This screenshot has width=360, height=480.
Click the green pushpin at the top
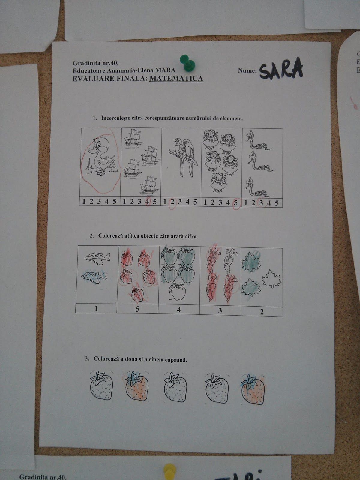(x=187, y=63)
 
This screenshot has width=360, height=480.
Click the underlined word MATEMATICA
(x=176, y=78)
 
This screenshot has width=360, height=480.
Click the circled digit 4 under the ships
(x=148, y=201)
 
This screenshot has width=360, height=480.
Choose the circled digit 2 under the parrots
(x=172, y=202)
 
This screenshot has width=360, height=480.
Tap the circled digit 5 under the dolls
(x=235, y=202)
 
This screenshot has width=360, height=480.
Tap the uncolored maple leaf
(x=272, y=279)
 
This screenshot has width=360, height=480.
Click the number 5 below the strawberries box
(x=137, y=309)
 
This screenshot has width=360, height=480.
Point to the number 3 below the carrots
(x=220, y=310)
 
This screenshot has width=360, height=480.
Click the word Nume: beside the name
(x=247, y=70)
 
